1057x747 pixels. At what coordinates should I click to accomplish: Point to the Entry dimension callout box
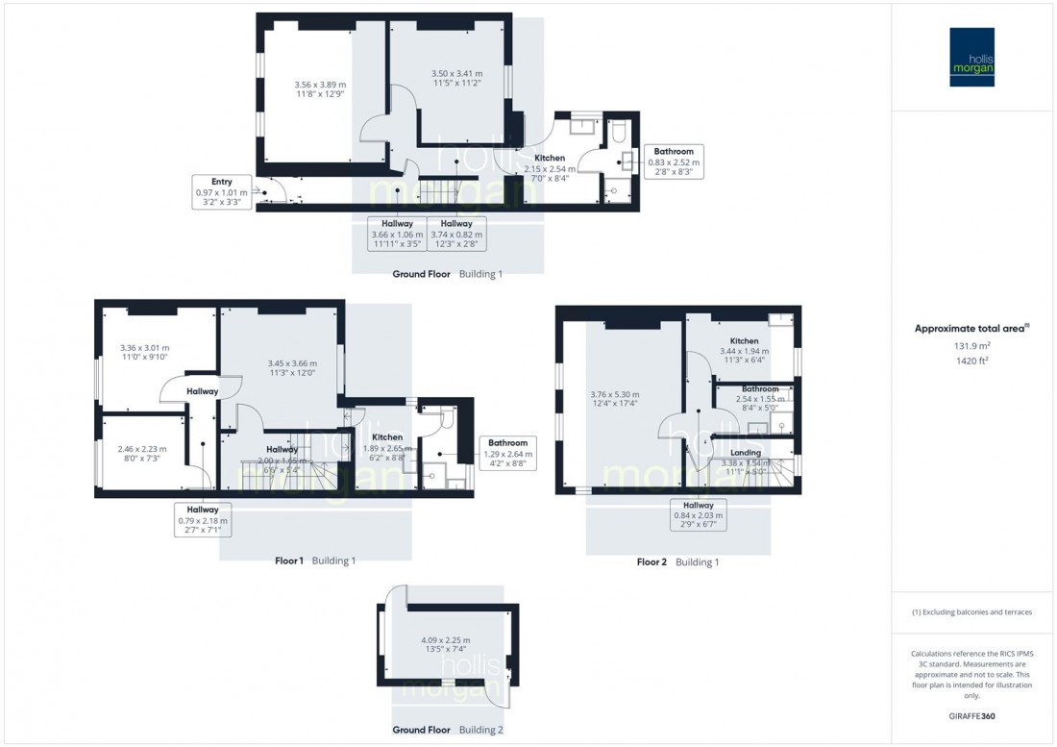[221, 192]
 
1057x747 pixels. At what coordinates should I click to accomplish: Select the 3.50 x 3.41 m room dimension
[456, 78]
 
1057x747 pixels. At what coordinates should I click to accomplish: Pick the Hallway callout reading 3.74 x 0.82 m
[455, 235]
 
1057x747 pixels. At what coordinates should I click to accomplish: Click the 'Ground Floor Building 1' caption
[447, 274]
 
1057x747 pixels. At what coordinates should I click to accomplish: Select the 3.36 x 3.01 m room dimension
[144, 352]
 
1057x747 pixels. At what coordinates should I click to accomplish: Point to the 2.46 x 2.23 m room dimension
[142, 453]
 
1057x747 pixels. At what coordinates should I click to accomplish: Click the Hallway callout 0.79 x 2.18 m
[203, 520]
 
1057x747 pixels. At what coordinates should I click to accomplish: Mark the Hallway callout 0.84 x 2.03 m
[698, 515]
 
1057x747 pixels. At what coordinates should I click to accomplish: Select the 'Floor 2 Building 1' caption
[677, 562]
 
